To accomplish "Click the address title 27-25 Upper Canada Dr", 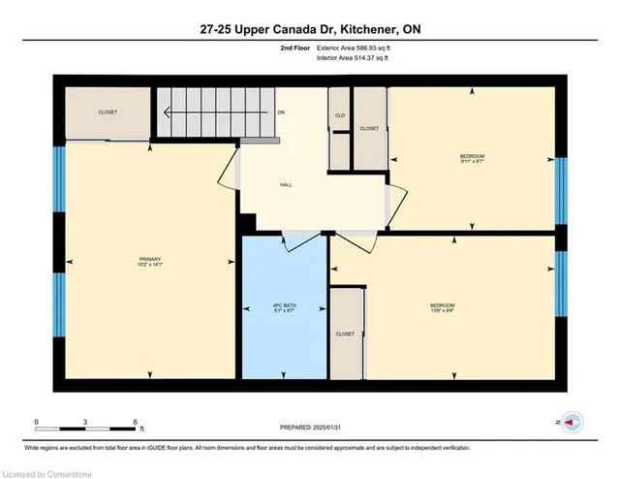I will (309, 29).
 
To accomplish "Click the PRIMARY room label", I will (149, 260).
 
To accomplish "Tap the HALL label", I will (286, 184).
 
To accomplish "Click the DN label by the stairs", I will (281, 112).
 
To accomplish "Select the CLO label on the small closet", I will (339, 113).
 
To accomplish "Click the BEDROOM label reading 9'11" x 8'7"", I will (472, 158).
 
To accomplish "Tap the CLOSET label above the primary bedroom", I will (108, 112).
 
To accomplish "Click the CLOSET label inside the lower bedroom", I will (346, 334).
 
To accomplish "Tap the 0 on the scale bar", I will (36, 422).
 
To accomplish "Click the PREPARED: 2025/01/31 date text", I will (309, 426).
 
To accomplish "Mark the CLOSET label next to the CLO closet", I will (369, 128).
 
